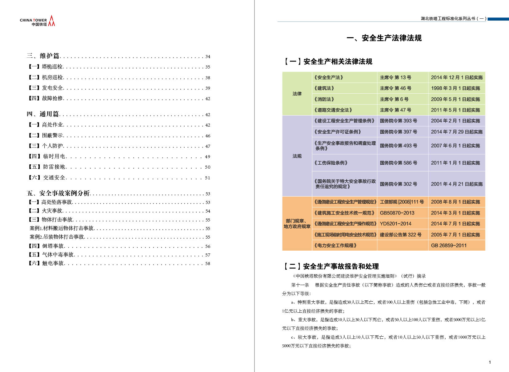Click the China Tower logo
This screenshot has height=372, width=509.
38,21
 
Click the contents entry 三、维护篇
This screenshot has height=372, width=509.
43,56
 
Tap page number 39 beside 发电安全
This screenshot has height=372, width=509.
208,88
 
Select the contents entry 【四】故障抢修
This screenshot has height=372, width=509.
46,98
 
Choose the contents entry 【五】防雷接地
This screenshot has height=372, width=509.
47,167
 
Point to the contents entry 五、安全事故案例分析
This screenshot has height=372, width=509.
58,193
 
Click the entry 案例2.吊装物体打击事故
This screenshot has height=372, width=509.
57,237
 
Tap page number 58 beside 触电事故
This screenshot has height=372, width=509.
208,264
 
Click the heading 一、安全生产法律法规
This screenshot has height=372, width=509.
384,38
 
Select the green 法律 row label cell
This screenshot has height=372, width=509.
297,94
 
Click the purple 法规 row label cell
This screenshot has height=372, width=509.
297,156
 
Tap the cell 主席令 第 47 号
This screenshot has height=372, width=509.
395,110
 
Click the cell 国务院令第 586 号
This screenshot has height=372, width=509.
398,163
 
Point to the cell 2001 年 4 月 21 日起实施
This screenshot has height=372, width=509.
456,184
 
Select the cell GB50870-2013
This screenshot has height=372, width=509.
397,213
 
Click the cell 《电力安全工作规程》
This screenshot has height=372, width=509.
335,245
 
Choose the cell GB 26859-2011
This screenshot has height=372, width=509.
448,245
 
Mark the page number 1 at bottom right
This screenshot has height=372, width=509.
490,362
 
